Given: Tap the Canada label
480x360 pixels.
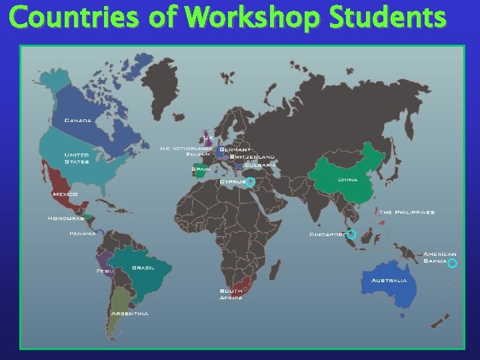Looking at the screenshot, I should tap(77, 120).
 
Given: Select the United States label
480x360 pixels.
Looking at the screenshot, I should tap(76, 158).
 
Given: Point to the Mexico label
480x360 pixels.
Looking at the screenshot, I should tap(65, 194).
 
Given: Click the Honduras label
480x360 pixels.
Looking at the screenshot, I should tap(65, 218).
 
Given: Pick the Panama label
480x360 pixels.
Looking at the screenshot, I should tap(83, 233).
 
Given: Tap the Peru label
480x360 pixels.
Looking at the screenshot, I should tap(105, 271).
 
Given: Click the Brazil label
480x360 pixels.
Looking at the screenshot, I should tap(143, 267).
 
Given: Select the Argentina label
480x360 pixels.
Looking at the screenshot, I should tap(129, 313).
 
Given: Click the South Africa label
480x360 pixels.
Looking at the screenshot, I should tap(231, 294).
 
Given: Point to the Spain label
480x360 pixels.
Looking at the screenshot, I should tap(201, 169).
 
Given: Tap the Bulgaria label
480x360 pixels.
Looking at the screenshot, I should tap(260, 165).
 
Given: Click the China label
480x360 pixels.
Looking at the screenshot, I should tap(348, 179).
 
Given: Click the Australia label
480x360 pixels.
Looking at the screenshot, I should tap(389, 280).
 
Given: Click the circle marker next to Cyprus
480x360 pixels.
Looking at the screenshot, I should tap(251, 181).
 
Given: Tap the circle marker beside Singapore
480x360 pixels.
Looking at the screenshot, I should tap(352, 234).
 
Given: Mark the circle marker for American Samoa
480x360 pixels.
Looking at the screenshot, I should tap(452, 263).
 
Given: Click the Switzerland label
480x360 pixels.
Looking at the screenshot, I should tap(252, 157).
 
